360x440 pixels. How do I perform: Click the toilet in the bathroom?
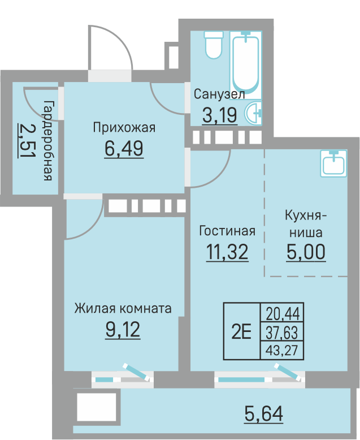coord(214,45)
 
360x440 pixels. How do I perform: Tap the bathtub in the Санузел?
coord(246,63)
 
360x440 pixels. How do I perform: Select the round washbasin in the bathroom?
coord(253,113)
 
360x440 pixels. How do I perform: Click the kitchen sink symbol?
coord(333,163)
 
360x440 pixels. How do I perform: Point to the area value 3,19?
coord(220,115)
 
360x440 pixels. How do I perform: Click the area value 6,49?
coord(124,149)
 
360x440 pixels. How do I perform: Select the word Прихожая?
coord(124,128)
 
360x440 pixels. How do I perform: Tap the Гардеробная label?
coord(48,140)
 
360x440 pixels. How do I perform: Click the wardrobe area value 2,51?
coord(27,141)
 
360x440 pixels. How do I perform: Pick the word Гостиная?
coord(227,231)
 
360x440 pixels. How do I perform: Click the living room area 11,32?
coord(227,252)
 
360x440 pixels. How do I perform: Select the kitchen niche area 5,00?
coord(306,252)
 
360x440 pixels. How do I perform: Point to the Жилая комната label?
coord(123,308)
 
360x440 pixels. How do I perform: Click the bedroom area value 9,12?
coord(123,330)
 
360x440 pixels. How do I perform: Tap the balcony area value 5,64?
coord(263,413)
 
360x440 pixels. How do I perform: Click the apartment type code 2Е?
coord(241,331)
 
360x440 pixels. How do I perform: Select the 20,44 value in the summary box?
coord(283,313)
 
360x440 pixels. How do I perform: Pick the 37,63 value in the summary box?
coord(281,333)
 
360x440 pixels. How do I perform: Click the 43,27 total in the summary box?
coord(281,350)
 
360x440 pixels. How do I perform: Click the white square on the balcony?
coord(97,407)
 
